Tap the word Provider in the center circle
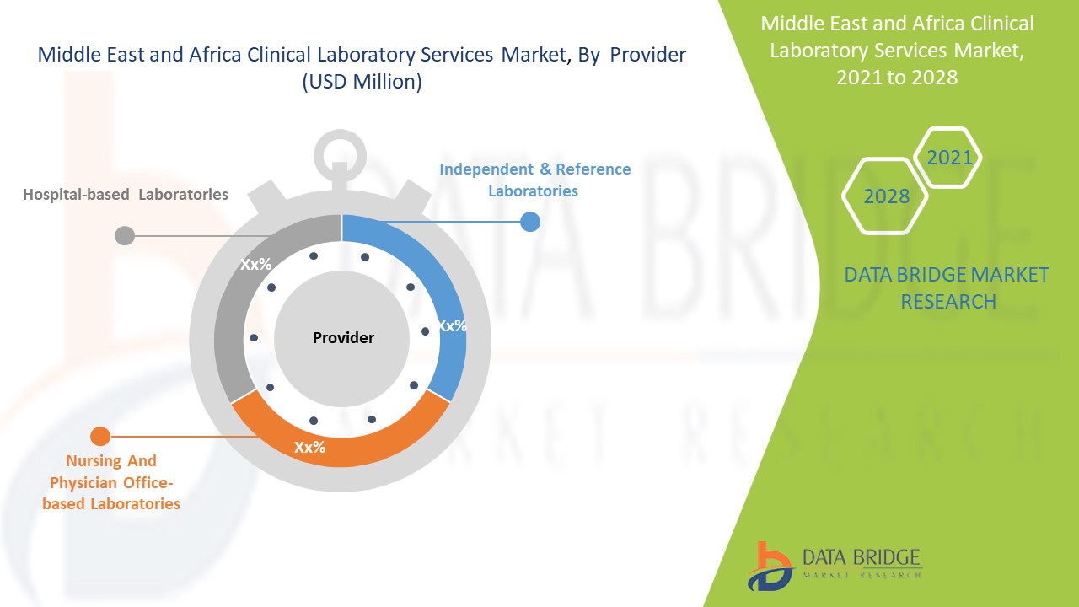click(343, 338)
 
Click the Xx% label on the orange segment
click(309, 448)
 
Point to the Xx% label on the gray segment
click(255, 265)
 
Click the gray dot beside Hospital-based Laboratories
click(124, 235)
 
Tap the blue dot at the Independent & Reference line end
click(529, 222)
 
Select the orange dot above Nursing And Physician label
click(99, 436)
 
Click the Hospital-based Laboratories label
click(126, 195)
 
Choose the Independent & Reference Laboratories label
click(534, 180)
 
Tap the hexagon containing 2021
click(949, 158)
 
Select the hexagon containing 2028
click(886, 196)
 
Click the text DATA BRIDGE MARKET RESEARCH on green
click(947, 287)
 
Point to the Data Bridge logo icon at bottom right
click(770, 565)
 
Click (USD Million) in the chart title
click(362, 83)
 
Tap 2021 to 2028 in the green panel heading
click(897, 77)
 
